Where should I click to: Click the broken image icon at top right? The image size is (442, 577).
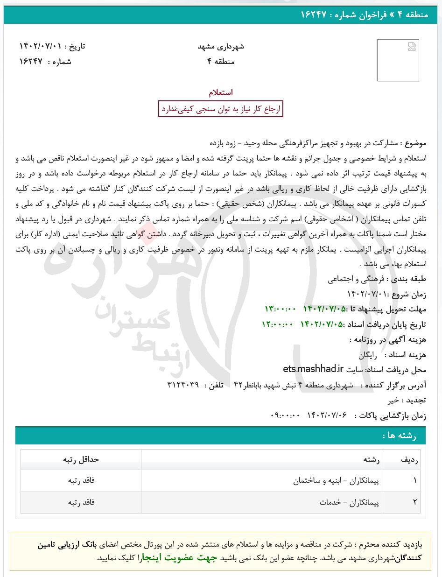click(x=411, y=47)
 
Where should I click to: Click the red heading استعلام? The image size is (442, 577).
click(x=221, y=92)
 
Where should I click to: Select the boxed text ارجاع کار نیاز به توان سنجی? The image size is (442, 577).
click(x=221, y=109)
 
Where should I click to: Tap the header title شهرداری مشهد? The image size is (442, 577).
click(x=221, y=47)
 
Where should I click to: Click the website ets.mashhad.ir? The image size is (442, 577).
click(x=313, y=369)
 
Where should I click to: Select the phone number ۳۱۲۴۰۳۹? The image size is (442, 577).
click(x=183, y=385)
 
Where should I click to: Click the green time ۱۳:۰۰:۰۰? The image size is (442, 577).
click(x=281, y=309)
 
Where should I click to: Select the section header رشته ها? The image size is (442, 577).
click(x=399, y=436)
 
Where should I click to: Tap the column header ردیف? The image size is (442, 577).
click(x=409, y=459)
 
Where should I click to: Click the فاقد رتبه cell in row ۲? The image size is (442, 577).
click(x=81, y=502)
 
